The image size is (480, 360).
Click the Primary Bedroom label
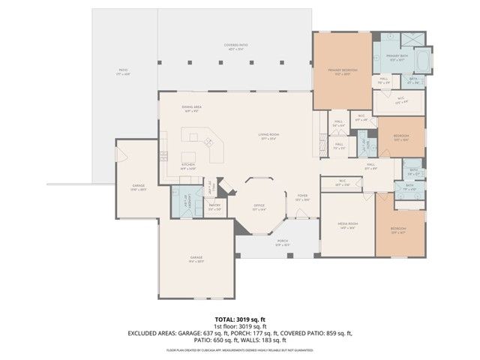[x=342, y=70]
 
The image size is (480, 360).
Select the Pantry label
[x=214, y=206]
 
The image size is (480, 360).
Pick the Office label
[x=257, y=208]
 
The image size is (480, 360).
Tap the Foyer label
[x=301, y=197]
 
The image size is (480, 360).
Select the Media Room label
[x=347, y=225]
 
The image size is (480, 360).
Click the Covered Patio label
[x=235, y=46]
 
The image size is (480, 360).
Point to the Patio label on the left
[x=122, y=72]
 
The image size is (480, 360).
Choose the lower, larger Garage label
[x=196, y=259]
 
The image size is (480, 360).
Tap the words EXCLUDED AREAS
[x=152, y=332]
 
